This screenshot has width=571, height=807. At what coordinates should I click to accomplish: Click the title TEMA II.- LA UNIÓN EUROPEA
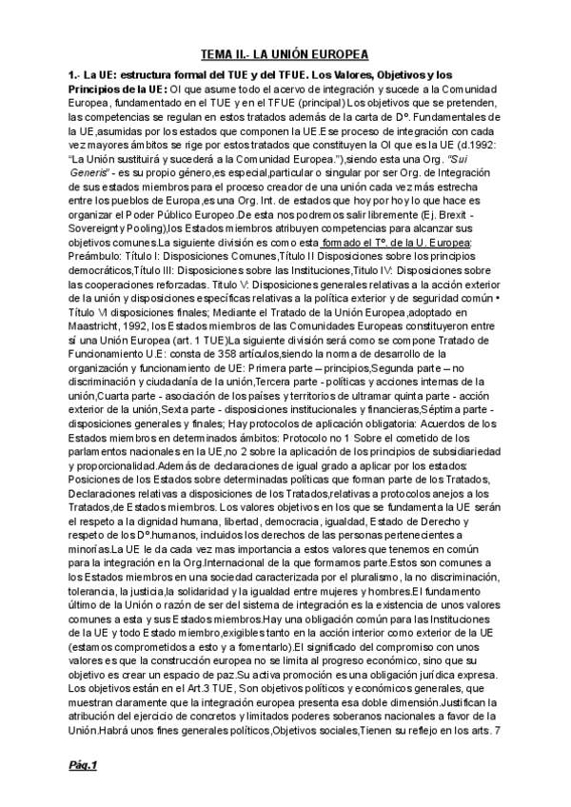(x=285, y=55)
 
